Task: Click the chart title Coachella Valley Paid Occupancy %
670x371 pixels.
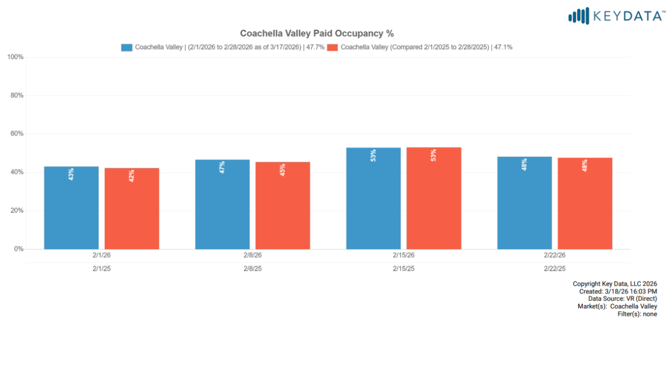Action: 317,34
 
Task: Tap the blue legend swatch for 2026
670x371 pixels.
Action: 127,47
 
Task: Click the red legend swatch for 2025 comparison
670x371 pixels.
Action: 333,47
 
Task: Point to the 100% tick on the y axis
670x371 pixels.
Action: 15,57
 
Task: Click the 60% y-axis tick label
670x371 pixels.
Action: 17,134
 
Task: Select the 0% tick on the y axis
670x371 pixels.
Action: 18,249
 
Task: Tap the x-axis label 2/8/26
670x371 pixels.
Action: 252,255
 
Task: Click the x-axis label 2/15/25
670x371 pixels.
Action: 404,268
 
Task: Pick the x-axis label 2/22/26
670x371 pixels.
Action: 555,255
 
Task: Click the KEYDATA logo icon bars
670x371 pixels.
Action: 578,16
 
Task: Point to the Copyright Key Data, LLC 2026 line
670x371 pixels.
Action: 615,284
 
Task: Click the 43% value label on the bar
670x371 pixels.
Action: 71,174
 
